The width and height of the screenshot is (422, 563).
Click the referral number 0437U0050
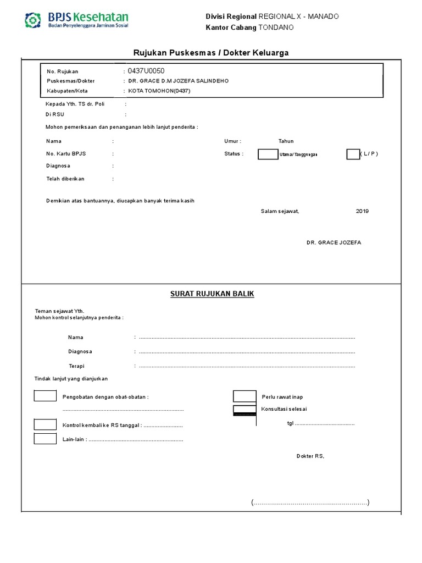pyautogui.click(x=146, y=71)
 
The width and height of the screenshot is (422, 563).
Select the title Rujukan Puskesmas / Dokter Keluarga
pyautogui.click(x=211, y=52)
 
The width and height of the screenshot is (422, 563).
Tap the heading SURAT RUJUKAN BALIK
pyautogui.click(x=212, y=294)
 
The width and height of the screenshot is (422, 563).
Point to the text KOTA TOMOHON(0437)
pyautogui.click(x=159, y=91)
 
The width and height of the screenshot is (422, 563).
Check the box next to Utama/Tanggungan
pyautogui.click(x=268, y=154)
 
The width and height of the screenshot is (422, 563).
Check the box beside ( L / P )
pyautogui.click(x=353, y=154)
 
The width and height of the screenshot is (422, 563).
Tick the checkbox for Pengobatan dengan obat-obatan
pyautogui.click(x=45, y=396)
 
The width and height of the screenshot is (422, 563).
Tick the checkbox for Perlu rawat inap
pyautogui.click(x=245, y=396)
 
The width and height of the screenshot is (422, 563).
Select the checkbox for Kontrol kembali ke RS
pyautogui.click(x=45, y=424)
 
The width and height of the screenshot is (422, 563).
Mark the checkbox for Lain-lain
pyautogui.click(x=45, y=439)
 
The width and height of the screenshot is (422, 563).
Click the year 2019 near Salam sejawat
pyautogui.click(x=362, y=211)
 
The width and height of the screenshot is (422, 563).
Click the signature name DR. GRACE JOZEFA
pyautogui.click(x=334, y=242)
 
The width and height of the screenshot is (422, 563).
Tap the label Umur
pyautogui.click(x=232, y=141)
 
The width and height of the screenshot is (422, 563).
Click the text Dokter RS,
pyautogui.click(x=310, y=456)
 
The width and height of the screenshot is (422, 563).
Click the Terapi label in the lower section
pyautogui.click(x=76, y=366)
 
